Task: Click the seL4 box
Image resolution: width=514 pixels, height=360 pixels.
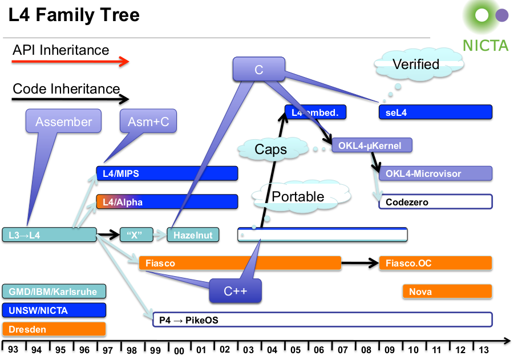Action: pos(435,112)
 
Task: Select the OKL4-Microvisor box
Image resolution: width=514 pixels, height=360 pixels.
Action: pos(435,173)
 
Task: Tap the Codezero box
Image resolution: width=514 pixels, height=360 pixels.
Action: pos(435,202)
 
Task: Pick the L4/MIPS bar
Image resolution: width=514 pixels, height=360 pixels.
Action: pos(167,173)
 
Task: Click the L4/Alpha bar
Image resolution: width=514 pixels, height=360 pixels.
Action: pos(167,202)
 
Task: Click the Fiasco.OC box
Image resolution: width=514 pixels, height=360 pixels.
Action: pos(435,263)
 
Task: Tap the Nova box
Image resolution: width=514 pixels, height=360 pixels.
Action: pos(447,292)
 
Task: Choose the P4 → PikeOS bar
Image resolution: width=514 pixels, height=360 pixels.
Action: pos(322,320)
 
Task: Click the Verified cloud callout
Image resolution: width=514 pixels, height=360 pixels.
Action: pos(415,64)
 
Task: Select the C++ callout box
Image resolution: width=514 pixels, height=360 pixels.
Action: pos(234,291)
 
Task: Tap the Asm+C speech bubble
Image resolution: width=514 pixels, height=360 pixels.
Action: pos(148,122)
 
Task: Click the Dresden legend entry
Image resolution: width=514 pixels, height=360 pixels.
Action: pos(54,329)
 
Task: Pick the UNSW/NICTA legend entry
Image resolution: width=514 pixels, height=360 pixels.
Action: pos(54,310)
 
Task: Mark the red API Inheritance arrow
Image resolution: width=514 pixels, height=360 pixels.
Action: pos(71,62)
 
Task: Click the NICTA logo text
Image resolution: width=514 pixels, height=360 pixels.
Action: pos(485,45)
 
